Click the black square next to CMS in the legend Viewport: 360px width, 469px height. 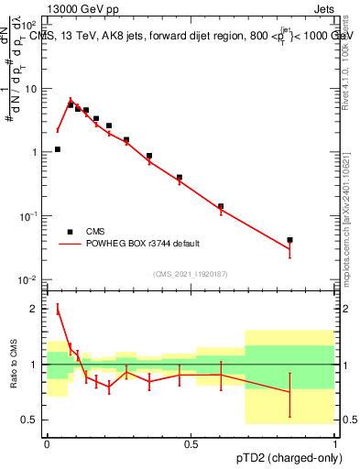[x=70, y=232]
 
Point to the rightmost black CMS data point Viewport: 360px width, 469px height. [x=289, y=240]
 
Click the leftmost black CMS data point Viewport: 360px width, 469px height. [x=57, y=149]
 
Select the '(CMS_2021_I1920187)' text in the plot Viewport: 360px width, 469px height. [x=191, y=274]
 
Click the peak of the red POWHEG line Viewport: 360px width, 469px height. [x=71, y=100]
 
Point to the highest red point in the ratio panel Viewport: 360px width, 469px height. [x=57, y=310]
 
